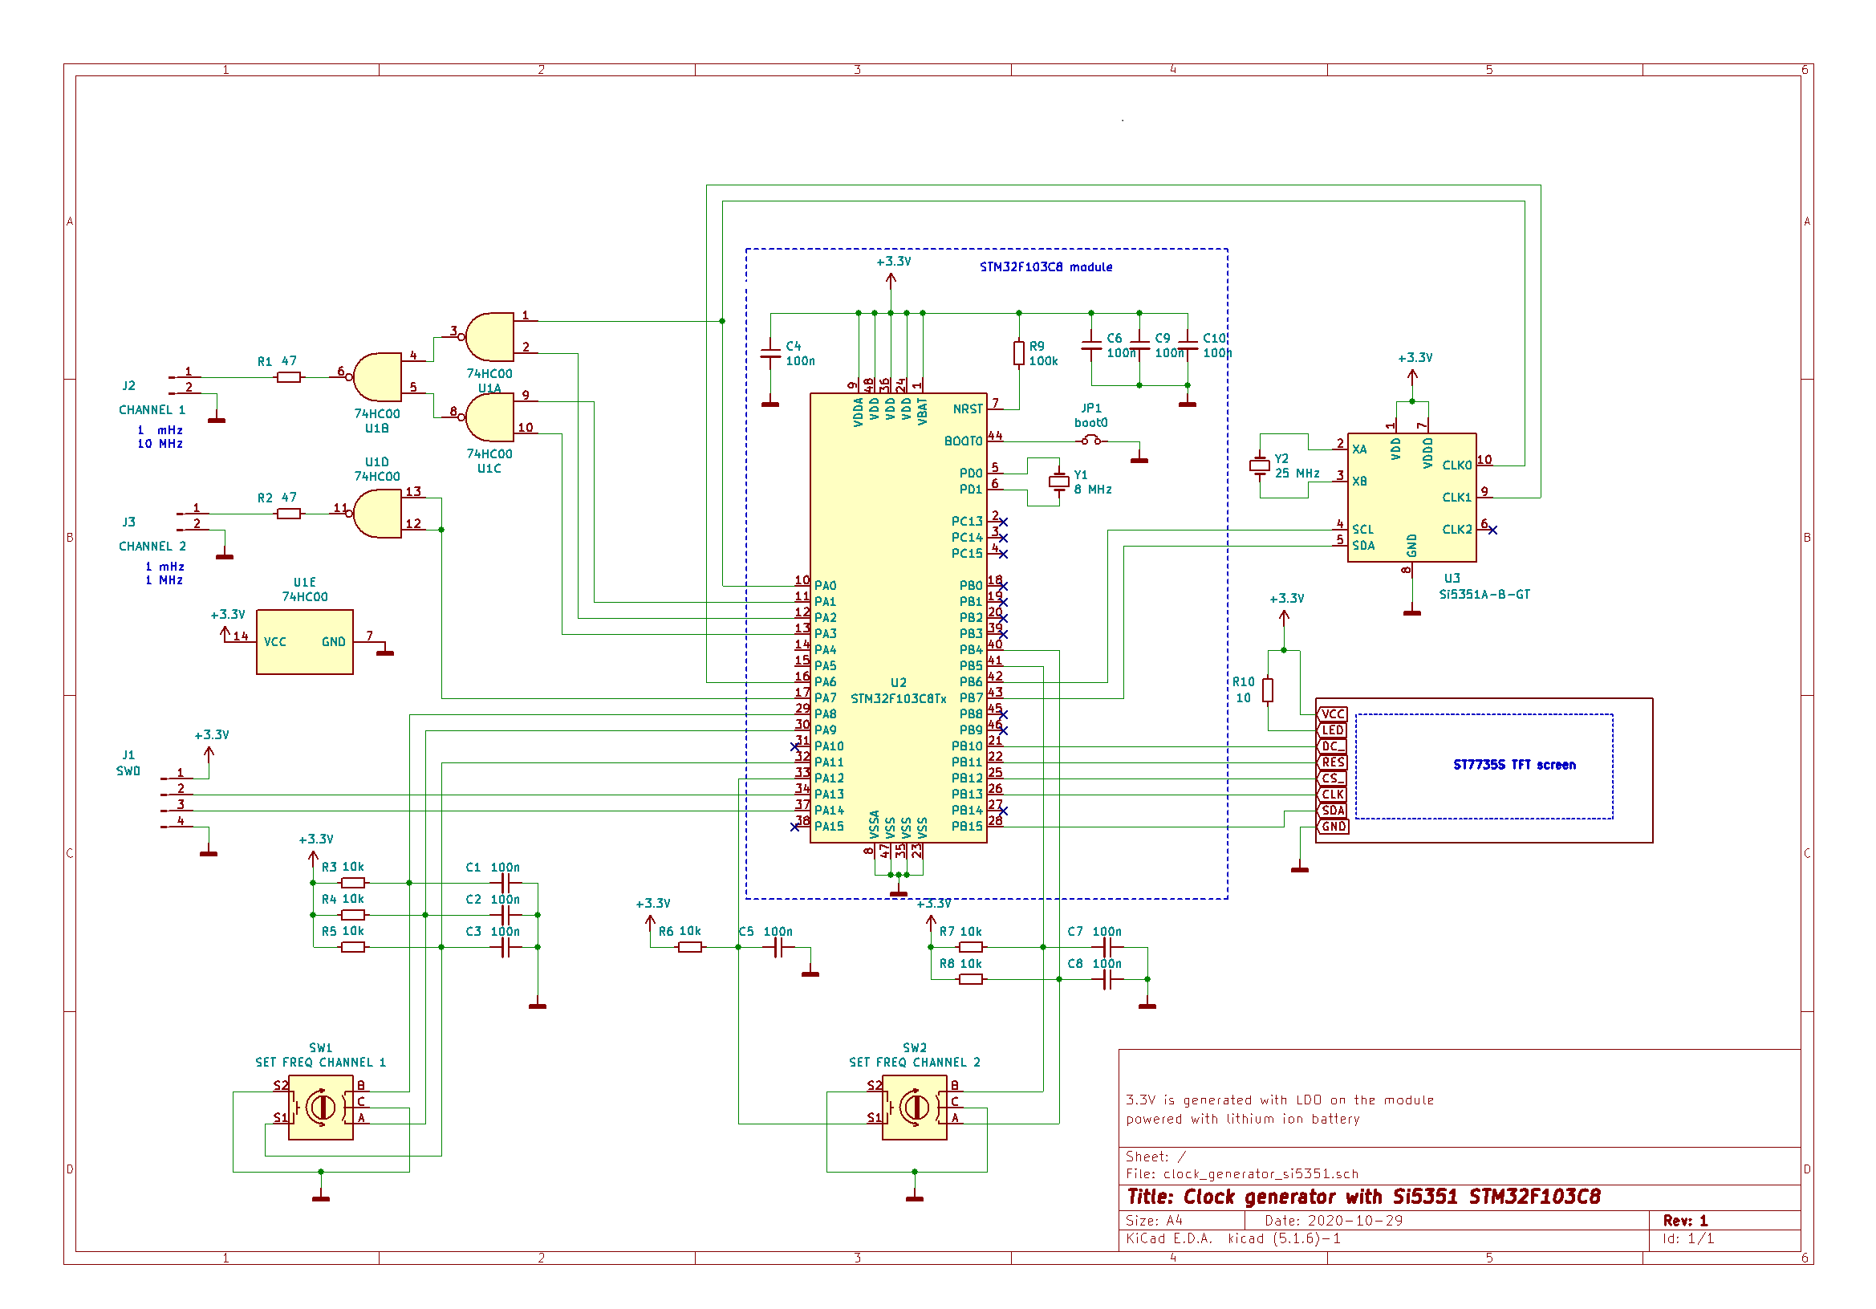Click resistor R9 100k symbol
(x=1018, y=353)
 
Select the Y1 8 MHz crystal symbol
(x=1059, y=482)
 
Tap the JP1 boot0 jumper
(x=1090, y=441)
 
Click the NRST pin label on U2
(x=968, y=409)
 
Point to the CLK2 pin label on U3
(x=1456, y=530)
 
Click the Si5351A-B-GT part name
(x=1484, y=595)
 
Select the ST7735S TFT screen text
(x=1514, y=765)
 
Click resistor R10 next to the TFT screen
(x=1267, y=690)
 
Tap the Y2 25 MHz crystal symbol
(x=1259, y=466)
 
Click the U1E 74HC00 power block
(x=304, y=641)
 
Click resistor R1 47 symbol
(x=288, y=377)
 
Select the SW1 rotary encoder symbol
(x=320, y=1108)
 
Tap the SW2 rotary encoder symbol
(x=914, y=1108)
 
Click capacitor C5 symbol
(x=778, y=947)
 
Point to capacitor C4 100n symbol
(x=769, y=353)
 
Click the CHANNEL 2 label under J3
(x=152, y=547)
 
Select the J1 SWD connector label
(x=128, y=763)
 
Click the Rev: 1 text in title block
(x=1685, y=1221)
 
